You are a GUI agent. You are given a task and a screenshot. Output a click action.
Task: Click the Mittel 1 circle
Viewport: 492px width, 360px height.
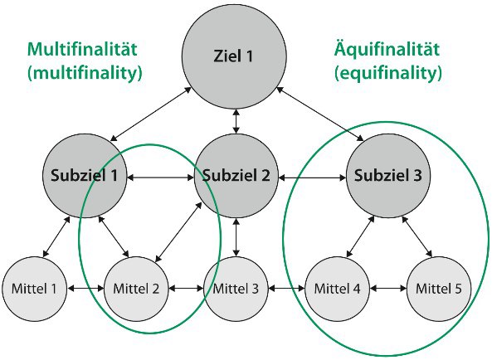(36, 289)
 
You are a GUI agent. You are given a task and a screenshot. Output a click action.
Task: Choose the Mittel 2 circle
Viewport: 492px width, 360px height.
(136, 289)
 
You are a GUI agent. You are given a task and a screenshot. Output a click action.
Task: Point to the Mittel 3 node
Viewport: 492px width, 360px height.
(237, 289)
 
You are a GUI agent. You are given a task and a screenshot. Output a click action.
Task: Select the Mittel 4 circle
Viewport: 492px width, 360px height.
(339, 289)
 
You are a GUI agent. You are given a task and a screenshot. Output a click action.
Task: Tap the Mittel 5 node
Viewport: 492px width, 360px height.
(440, 289)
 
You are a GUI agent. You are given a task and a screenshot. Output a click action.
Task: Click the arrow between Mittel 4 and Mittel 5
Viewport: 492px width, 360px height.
(389, 289)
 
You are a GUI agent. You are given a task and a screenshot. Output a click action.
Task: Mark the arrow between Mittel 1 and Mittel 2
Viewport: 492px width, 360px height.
(86, 289)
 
